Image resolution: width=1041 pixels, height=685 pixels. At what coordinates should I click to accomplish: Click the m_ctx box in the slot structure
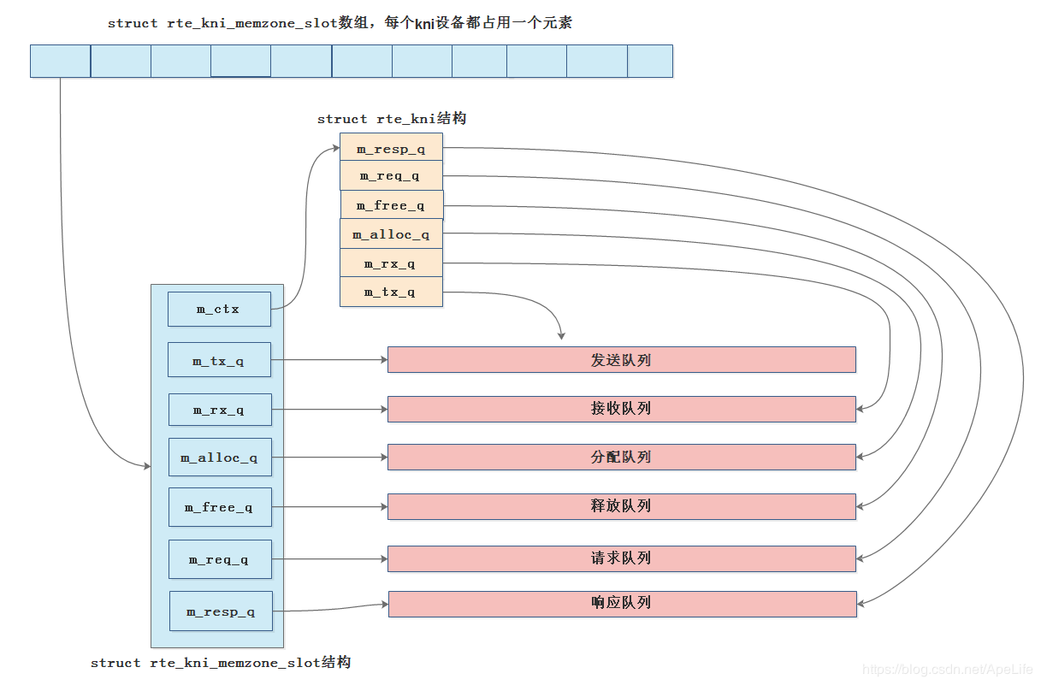tap(219, 309)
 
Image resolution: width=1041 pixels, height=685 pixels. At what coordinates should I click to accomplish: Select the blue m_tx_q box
tap(219, 360)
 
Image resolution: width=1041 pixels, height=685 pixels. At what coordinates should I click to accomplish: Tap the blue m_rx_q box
tap(219, 410)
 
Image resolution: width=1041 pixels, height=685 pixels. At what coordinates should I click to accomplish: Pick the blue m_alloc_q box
tap(219, 458)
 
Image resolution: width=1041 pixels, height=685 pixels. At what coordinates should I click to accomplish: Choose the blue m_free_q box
tap(219, 507)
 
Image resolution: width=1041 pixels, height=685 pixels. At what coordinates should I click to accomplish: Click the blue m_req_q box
tap(219, 559)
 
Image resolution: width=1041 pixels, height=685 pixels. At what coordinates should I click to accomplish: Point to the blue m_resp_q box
tap(221, 611)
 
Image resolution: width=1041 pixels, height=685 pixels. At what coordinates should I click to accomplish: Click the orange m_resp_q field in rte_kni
tap(391, 148)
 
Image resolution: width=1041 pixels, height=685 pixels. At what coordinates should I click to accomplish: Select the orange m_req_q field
tap(391, 175)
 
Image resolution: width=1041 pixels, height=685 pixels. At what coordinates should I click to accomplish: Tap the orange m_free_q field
tap(391, 205)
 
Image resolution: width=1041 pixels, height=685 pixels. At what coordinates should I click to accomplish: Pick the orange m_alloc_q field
tap(391, 233)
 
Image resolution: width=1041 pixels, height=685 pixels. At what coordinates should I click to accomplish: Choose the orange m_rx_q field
tap(391, 263)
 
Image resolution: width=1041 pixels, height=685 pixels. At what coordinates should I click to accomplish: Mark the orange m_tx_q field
tap(391, 292)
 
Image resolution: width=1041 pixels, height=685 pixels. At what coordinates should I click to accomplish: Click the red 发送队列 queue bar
tap(621, 360)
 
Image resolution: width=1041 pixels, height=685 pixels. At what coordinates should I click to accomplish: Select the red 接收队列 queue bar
tap(621, 409)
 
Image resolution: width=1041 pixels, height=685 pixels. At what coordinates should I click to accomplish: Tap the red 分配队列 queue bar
tap(621, 458)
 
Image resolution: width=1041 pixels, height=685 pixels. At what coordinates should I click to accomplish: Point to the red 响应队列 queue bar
tap(622, 603)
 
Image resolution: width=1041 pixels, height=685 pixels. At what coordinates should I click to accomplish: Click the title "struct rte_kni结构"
tap(392, 119)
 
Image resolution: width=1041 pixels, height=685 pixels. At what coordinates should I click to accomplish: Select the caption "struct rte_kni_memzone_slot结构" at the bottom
tap(221, 663)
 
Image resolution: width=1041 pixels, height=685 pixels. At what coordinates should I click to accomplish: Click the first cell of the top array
tap(60, 62)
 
